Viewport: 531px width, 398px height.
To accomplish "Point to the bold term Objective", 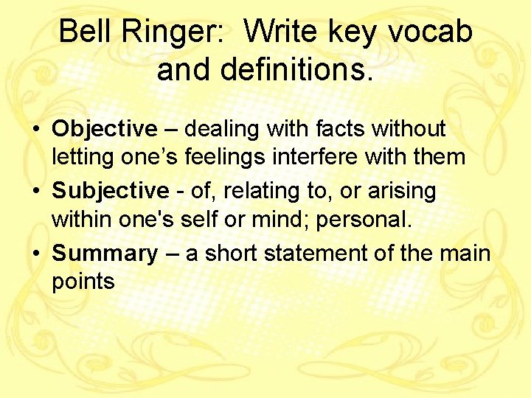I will coord(104,130).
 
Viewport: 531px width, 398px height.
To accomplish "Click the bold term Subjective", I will coord(110,192).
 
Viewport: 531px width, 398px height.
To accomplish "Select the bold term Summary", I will coord(105,254).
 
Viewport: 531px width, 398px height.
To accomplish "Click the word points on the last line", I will coord(83,282).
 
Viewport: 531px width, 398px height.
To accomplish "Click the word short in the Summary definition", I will coord(226,254).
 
